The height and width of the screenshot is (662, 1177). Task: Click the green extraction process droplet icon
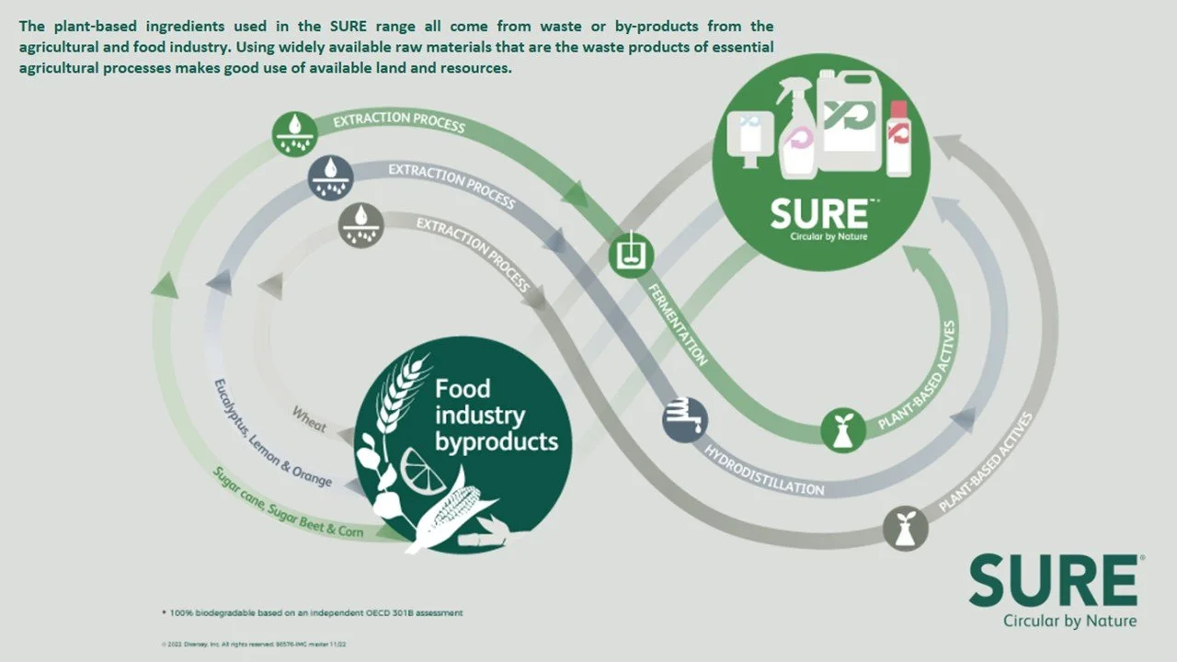click(x=295, y=132)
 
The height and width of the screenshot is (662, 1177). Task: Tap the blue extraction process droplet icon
click(x=329, y=176)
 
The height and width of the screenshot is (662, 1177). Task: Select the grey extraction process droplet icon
click(x=361, y=225)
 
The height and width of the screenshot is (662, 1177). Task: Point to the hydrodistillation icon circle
click(x=685, y=418)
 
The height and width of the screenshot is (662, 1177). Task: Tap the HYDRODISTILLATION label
click(x=764, y=469)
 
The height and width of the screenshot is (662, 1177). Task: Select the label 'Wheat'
click(x=309, y=419)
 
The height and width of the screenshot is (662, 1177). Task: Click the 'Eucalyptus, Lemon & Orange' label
click(x=272, y=433)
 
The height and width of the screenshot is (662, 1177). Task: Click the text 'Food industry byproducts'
click(x=496, y=415)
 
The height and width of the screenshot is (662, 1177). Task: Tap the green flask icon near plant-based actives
click(x=843, y=430)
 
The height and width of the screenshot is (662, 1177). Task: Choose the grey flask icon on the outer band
click(x=905, y=529)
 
